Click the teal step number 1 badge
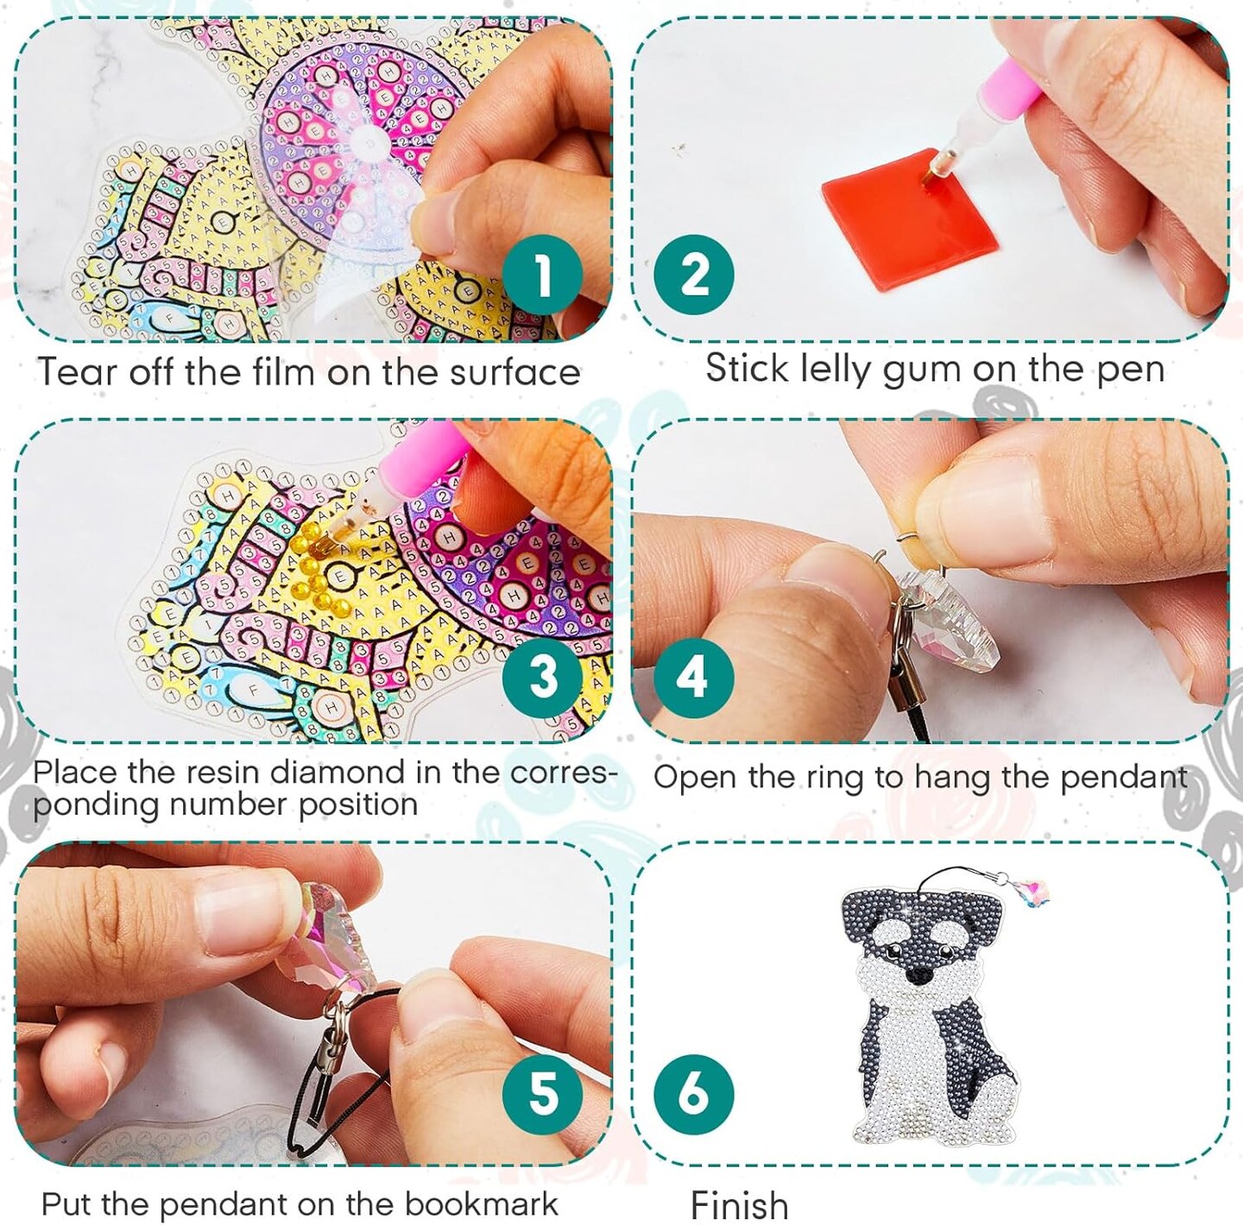tap(542, 275)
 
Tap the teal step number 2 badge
tap(693, 275)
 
